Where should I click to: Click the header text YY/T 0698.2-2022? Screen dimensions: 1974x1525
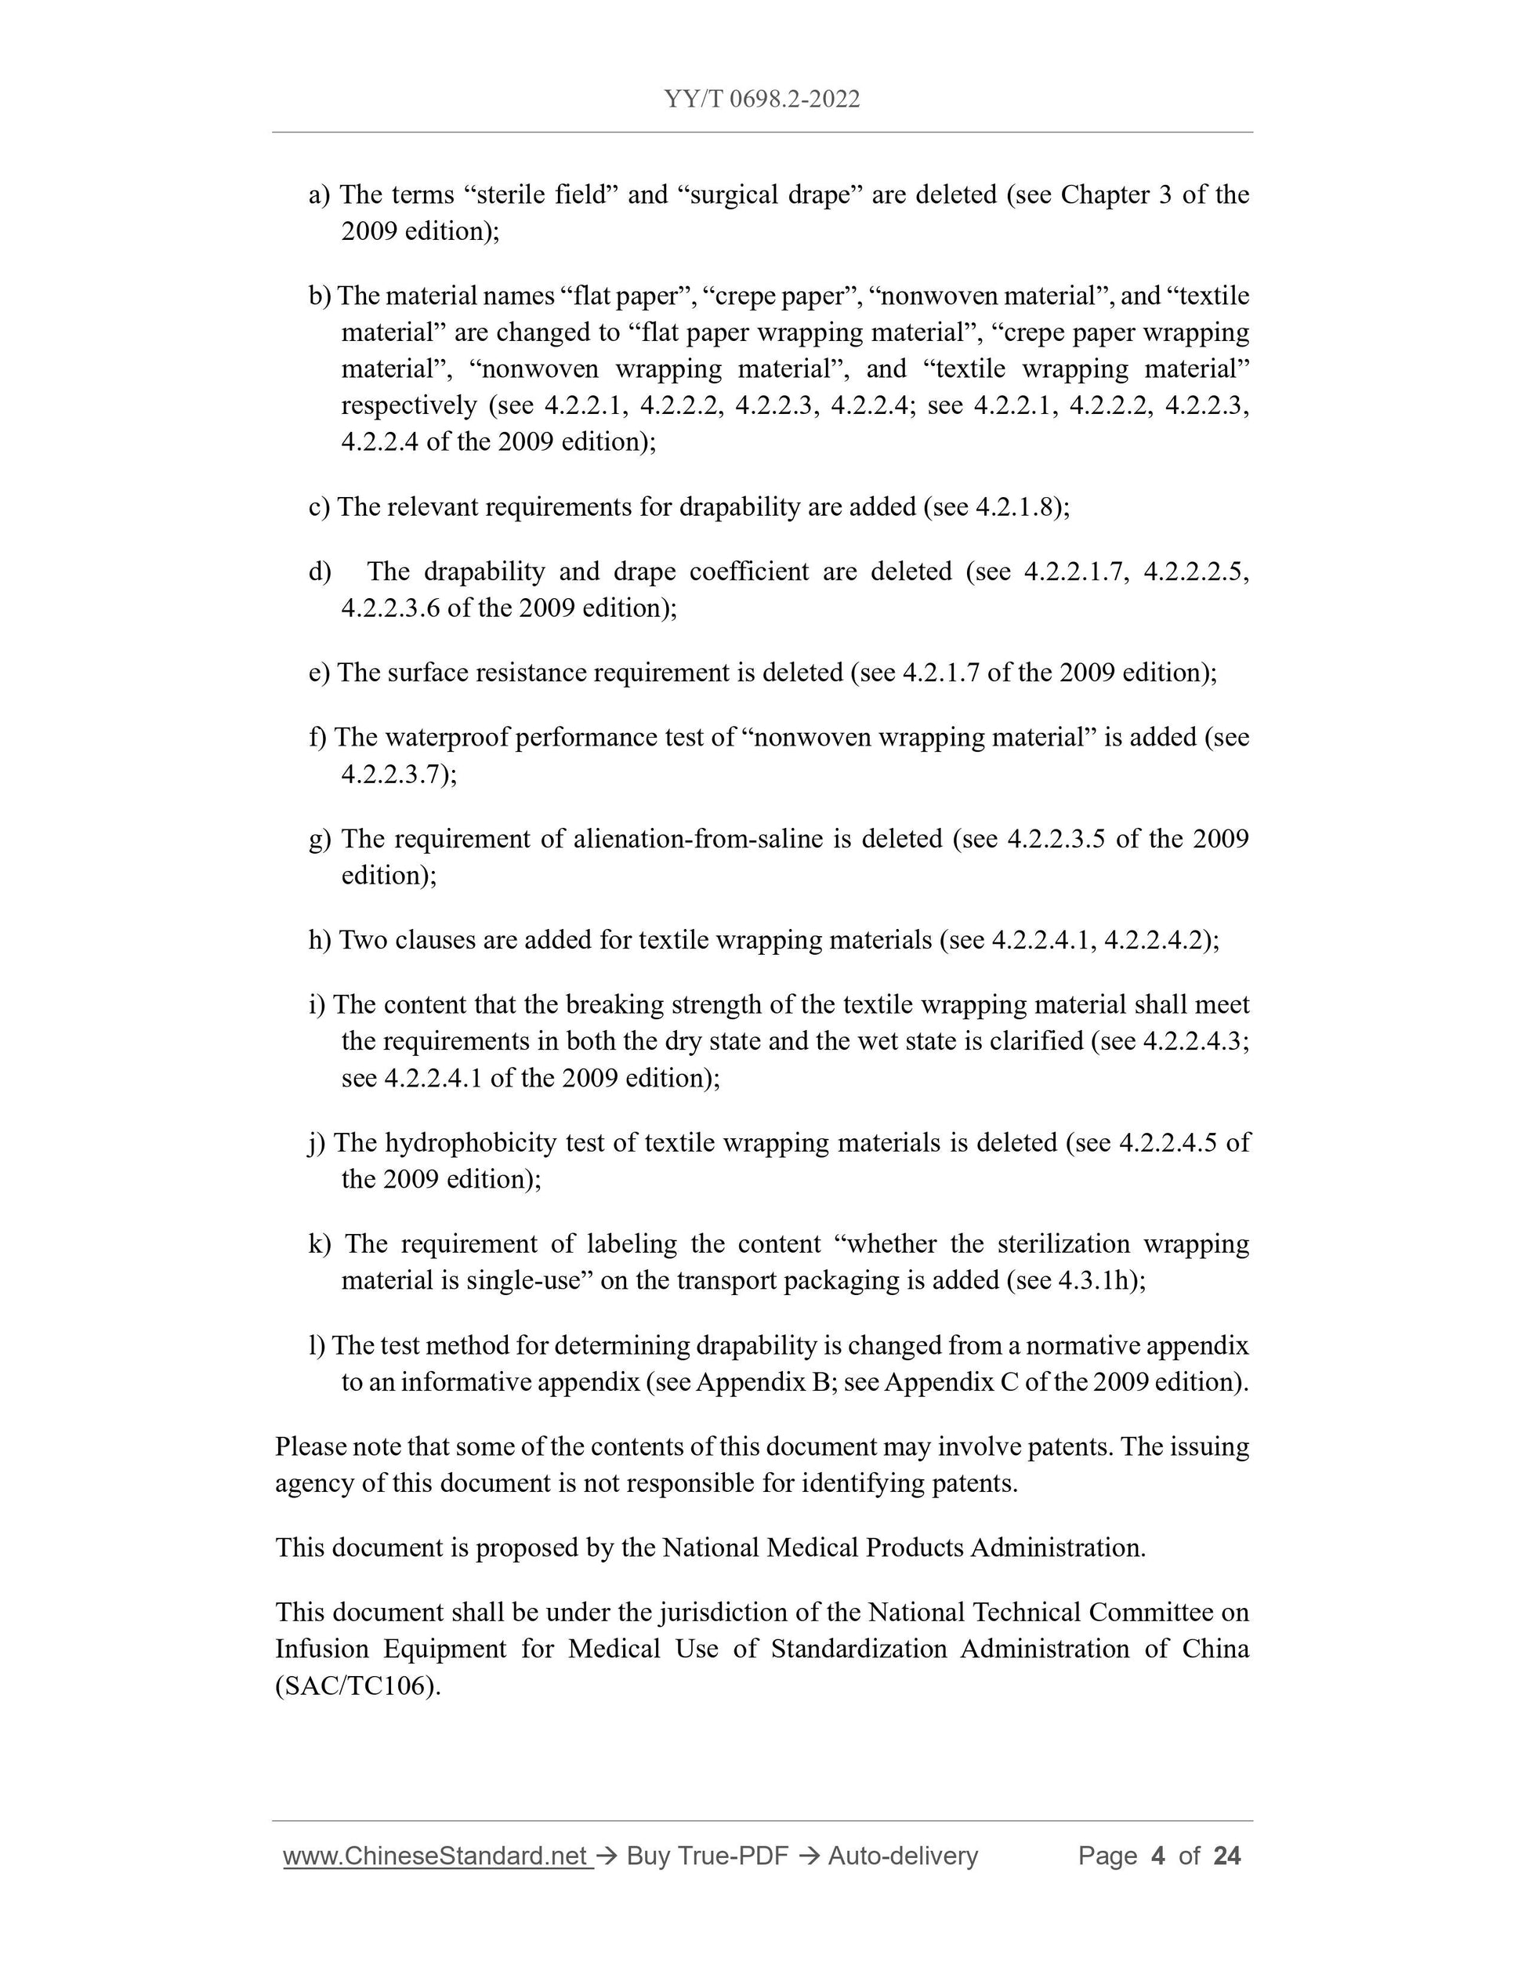tap(762, 100)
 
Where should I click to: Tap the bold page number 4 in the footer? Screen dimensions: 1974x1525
tap(1157, 1856)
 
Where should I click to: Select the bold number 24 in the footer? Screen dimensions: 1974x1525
tap(1227, 1856)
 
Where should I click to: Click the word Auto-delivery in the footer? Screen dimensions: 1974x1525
tap(903, 1856)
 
